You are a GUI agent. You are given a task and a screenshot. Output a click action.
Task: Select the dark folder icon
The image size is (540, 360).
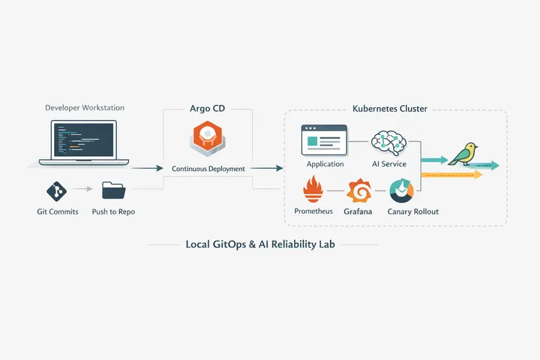(113, 190)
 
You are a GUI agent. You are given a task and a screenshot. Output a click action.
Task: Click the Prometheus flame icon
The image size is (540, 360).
(313, 190)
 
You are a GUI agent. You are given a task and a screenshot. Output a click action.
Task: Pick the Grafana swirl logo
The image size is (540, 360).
(358, 191)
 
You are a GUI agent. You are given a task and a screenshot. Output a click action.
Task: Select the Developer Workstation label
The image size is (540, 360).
(85, 108)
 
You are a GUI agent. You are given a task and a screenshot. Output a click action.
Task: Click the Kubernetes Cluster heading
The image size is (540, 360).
(390, 109)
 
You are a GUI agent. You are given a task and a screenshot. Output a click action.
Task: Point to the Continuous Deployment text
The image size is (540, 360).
(208, 169)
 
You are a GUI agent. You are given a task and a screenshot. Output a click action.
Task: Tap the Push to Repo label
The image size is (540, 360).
(114, 211)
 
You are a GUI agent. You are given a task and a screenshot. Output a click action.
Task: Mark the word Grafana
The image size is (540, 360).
(358, 211)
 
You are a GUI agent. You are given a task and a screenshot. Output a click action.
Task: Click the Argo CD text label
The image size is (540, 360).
(208, 109)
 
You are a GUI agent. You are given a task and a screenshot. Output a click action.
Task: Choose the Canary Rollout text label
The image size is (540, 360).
(413, 211)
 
